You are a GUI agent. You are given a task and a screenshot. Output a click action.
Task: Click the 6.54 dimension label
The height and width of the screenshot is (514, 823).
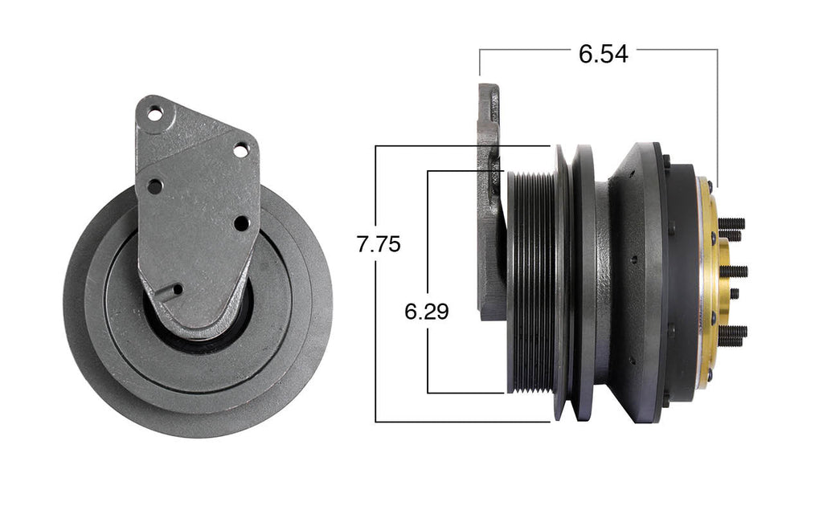[x=603, y=54]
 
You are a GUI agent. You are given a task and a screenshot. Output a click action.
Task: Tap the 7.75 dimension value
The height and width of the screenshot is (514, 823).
[x=378, y=244]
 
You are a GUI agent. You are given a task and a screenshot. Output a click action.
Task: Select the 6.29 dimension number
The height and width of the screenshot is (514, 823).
[x=426, y=311]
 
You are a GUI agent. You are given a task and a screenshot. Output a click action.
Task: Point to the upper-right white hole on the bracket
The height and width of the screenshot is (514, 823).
[x=240, y=149]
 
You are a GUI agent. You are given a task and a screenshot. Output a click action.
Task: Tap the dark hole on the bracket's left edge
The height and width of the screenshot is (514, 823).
[x=154, y=186]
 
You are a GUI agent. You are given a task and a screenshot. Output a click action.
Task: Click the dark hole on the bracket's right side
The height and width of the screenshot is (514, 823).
[x=241, y=222]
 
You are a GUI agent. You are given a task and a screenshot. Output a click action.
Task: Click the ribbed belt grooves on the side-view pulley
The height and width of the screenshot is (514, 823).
[x=530, y=281]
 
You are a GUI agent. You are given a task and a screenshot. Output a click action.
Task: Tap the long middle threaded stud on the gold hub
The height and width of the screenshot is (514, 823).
[x=735, y=271]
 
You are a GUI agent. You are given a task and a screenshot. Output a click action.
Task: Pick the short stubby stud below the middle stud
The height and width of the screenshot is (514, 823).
[x=733, y=294]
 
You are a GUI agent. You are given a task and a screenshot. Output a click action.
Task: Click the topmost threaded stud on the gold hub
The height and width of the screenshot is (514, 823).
[x=731, y=223]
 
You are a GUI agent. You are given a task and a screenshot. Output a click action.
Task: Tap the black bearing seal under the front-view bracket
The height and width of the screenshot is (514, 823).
[x=201, y=337]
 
